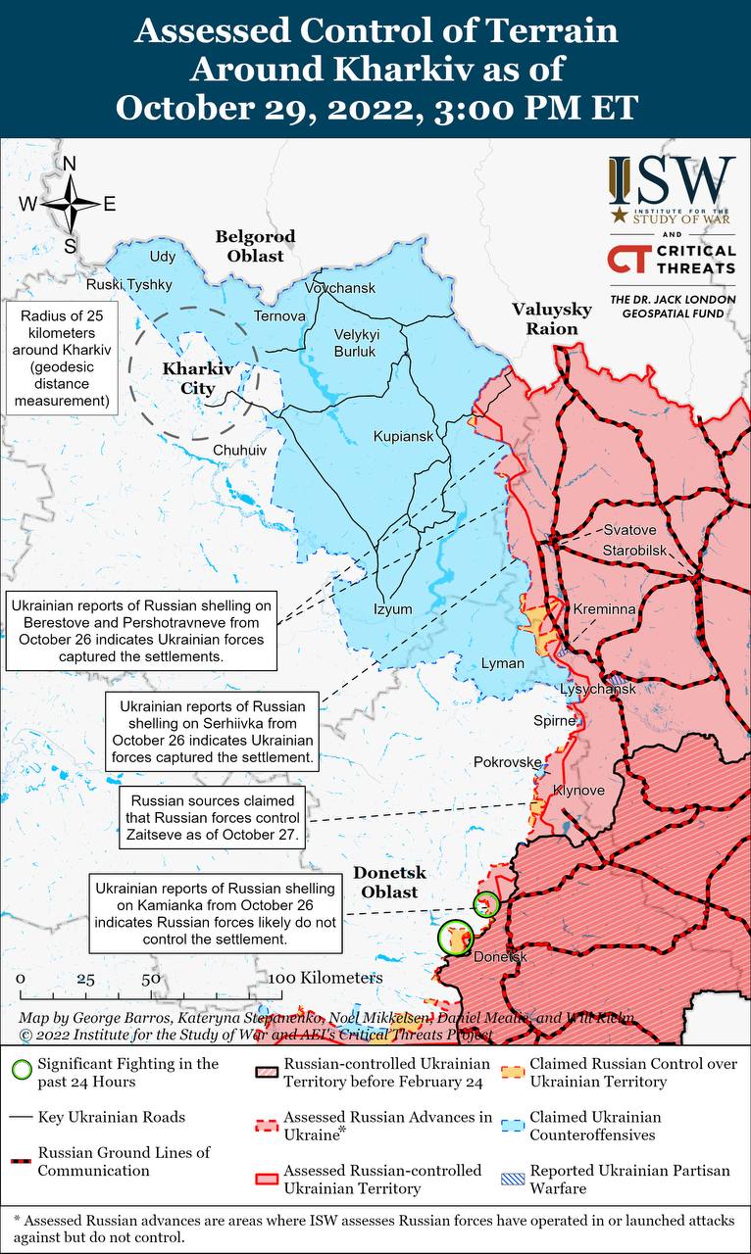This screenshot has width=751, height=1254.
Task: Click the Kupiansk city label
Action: point(403,436)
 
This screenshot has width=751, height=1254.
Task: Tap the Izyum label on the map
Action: point(392,609)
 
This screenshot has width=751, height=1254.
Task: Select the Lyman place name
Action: point(502,663)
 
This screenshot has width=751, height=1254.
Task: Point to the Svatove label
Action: point(629,530)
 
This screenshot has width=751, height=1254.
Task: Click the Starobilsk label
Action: point(634,549)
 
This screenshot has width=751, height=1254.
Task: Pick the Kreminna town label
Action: point(605,609)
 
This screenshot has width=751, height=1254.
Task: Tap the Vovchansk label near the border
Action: point(340,288)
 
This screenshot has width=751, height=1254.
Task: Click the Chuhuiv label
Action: point(239,450)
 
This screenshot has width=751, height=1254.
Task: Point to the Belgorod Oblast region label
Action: point(255,246)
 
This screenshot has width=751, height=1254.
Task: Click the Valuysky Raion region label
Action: point(552,319)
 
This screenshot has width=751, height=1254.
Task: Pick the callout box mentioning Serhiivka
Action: point(213,731)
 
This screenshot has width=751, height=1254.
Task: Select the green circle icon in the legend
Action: point(21,1073)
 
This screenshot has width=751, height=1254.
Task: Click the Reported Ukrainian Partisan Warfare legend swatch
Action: point(509,1179)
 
